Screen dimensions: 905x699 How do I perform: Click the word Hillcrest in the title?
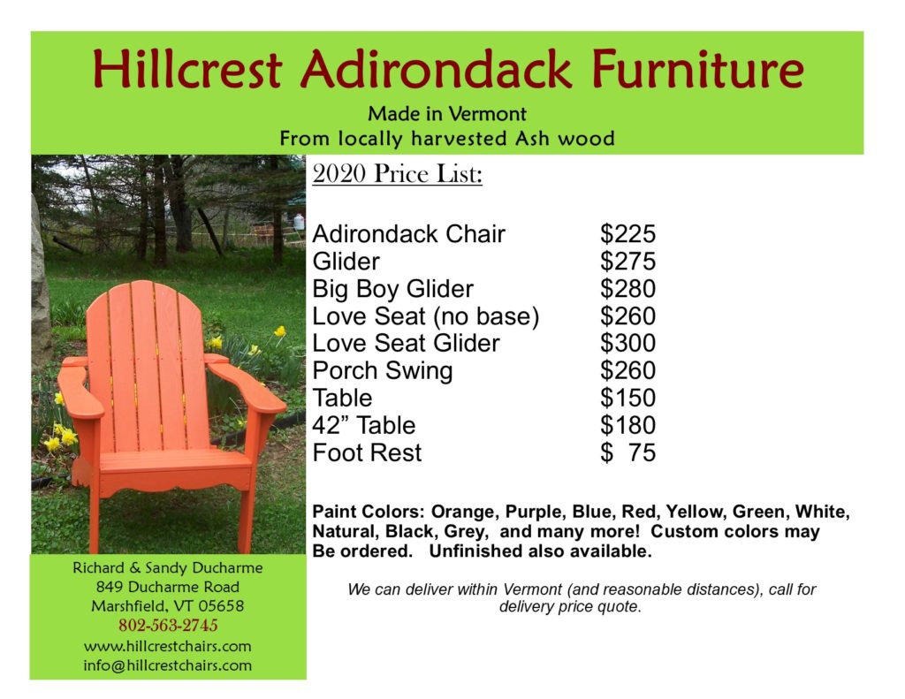click(x=187, y=69)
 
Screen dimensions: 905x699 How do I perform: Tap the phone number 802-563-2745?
click(x=168, y=625)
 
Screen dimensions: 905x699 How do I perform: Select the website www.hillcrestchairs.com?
click(x=167, y=646)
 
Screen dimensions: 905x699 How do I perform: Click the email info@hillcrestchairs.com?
click(x=167, y=665)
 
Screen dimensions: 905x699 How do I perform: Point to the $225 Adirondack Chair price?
click(x=628, y=234)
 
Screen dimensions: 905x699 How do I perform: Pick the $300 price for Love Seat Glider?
click(x=628, y=343)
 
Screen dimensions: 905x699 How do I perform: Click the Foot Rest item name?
click(x=367, y=452)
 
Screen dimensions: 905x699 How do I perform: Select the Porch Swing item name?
click(x=383, y=371)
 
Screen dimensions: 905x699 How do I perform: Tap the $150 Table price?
click(x=628, y=398)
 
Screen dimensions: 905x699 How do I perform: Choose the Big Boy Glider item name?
click(x=393, y=289)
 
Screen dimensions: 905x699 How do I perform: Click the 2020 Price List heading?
click(x=397, y=173)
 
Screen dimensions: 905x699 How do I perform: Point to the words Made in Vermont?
click(x=447, y=114)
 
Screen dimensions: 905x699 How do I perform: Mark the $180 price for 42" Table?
click(x=628, y=425)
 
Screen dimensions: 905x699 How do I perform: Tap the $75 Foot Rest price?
click(x=628, y=452)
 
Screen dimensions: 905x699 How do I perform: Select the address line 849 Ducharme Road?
click(x=167, y=587)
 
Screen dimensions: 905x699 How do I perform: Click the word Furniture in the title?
click(x=698, y=69)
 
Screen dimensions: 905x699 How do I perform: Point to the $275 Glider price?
click(x=628, y=262)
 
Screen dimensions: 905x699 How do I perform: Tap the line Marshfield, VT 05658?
click(x=167, y=606)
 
